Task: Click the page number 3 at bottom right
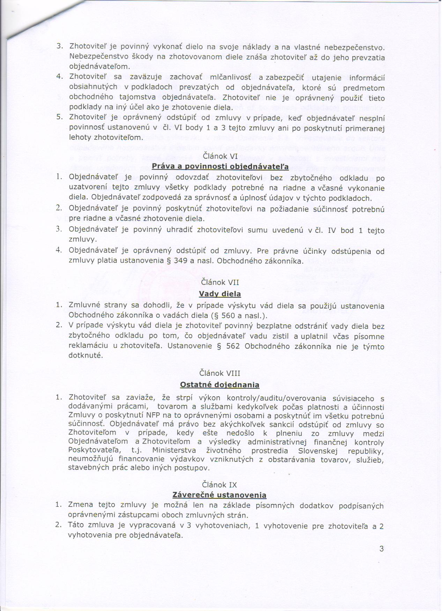point(381,549)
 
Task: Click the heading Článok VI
point(220,156)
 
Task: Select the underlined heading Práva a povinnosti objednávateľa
point(220,167)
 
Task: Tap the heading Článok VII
point(220,282)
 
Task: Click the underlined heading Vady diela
point(220,294)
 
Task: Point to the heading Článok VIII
point(220,373)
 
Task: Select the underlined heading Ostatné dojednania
point(220,385)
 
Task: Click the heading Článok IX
point(220,485)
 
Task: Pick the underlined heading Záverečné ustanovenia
point(220,495)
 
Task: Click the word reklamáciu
point(88,346)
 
